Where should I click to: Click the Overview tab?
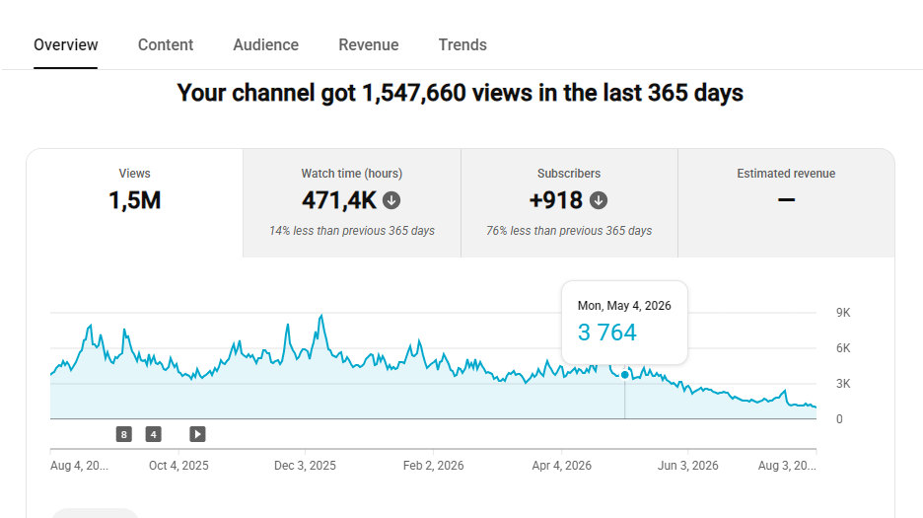[65, 44]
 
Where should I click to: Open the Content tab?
[166, 44]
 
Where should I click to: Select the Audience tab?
[265, 44]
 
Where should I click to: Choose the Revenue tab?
[369, 44]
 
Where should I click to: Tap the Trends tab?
[462, 44]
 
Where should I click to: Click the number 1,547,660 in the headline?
[414, 93]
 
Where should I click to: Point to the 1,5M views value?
[134, 200]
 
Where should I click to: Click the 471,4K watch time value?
[338, 200]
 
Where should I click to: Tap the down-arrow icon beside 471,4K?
[391, 201]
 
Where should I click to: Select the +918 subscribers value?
[556, 200]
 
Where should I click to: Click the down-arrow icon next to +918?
[599, 201]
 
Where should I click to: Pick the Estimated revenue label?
[786, 174]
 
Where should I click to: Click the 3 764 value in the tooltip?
[606, 333]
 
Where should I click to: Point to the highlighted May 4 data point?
[624, 375]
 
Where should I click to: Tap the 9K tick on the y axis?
[843, 313]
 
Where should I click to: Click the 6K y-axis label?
[843, 348]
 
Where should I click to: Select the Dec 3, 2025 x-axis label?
[305, 466]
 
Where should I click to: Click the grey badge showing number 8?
[123, 434]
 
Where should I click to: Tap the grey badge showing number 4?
[154, 434]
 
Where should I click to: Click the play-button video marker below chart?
[197, 434]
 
